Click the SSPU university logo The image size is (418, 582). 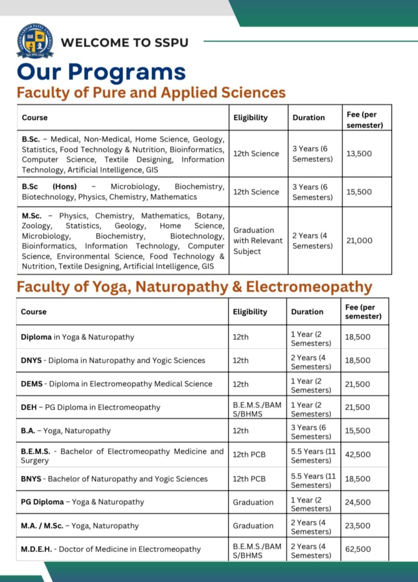click(35, 41)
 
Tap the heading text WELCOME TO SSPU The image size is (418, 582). click(125, 42)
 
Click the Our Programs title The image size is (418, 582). click(101, 72)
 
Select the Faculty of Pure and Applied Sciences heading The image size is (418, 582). click(151, 92)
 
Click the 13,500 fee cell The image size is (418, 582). click(359, 154)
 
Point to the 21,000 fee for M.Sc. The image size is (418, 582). click(359, 241)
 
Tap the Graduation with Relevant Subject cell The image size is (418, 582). click(258, 241)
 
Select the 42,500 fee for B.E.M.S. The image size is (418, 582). click(358, 455)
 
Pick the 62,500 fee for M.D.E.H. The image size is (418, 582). click(358, 549)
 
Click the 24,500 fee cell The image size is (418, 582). click(358, 502)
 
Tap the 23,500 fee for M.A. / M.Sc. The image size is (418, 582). click(358, 526)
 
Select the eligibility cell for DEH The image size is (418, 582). click(257, 409)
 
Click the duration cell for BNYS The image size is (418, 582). click(313, 481)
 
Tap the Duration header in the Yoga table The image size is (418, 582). click(307, 312)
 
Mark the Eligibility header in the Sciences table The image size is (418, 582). click(250, 118)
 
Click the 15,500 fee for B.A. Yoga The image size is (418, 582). click(358, 431)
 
